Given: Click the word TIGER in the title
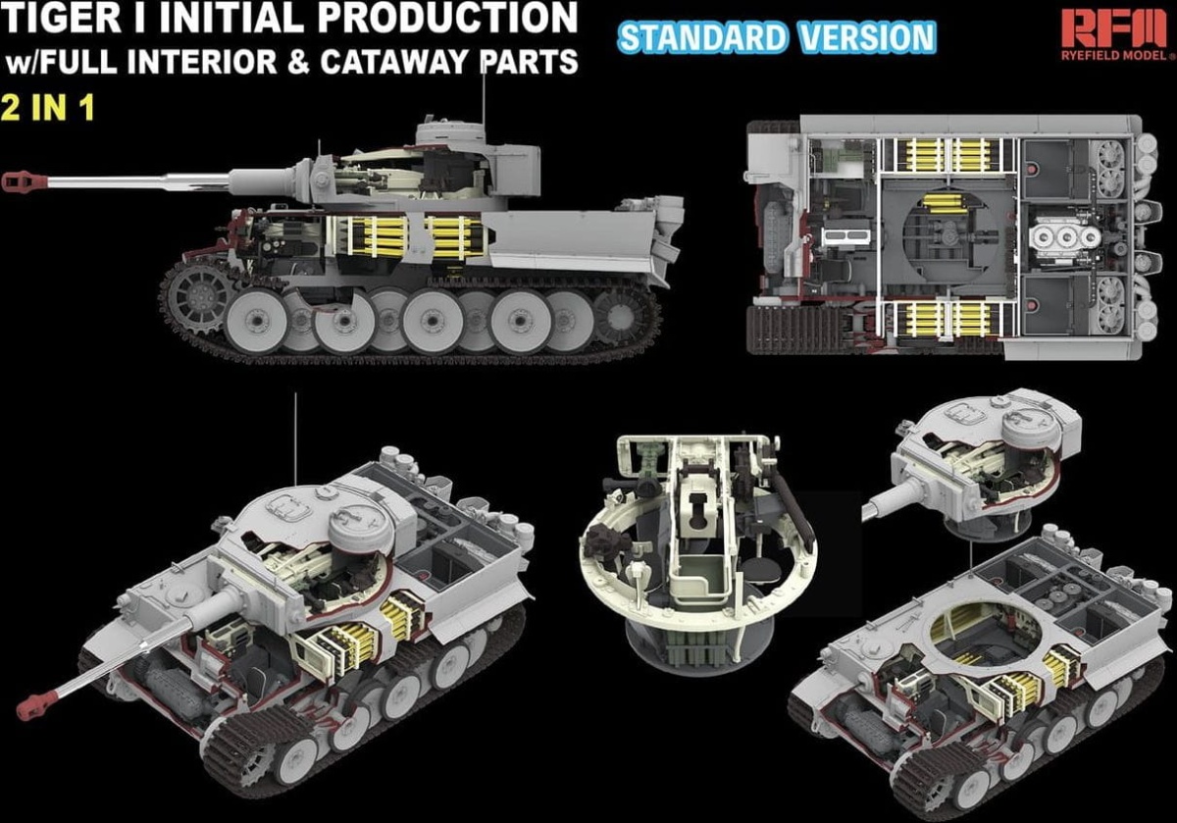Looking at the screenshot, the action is click(x=62, y=18).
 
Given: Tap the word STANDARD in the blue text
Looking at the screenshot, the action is click(x=703, y=38).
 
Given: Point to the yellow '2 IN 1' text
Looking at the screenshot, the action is click(x=48, y=108).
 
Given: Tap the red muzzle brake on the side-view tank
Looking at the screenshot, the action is click(x=25, y=181).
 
